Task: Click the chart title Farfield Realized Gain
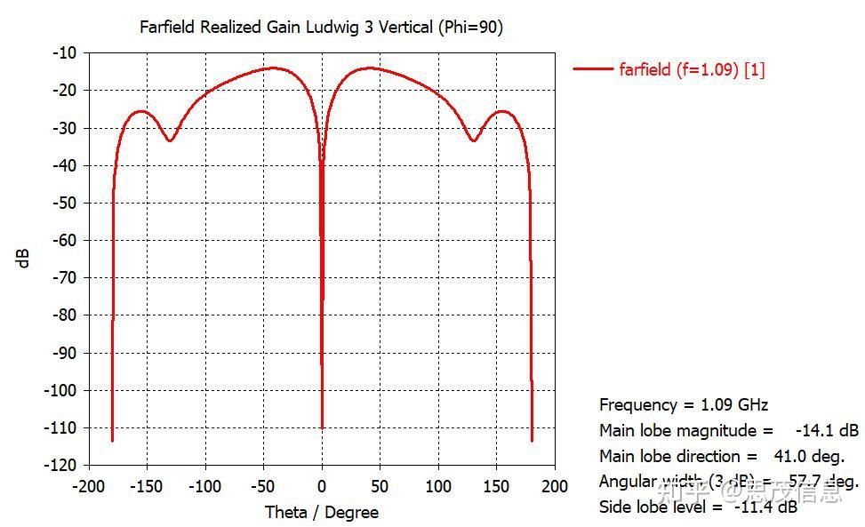click(x=321, y=28)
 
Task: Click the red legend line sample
click(x=593, y=69)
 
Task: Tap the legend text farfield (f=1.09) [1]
click(x=692, y=69)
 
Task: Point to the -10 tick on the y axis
click(x=65, y=52)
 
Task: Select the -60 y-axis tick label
click(x=65, y=240)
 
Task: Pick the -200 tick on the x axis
click(x=89, y=486)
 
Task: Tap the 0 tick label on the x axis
click(x=322, y=486)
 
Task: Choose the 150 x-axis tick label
click(x=496, y=486)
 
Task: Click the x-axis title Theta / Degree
click(x=322, y=513)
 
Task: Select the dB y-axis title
click(x=24, y=258)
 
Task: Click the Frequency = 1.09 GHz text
click(x=684, y=405)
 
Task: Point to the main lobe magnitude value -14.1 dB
click(x=827, y=431)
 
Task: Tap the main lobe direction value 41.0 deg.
click(x=807, y=457)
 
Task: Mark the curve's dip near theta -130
click(x=170, y=140)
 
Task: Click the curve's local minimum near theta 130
click(x=474, y=140)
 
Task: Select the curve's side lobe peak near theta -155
click(x=140, y=111)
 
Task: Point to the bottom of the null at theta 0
click(x=322, y=427)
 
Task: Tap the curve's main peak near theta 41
click(x=370, y=68)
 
